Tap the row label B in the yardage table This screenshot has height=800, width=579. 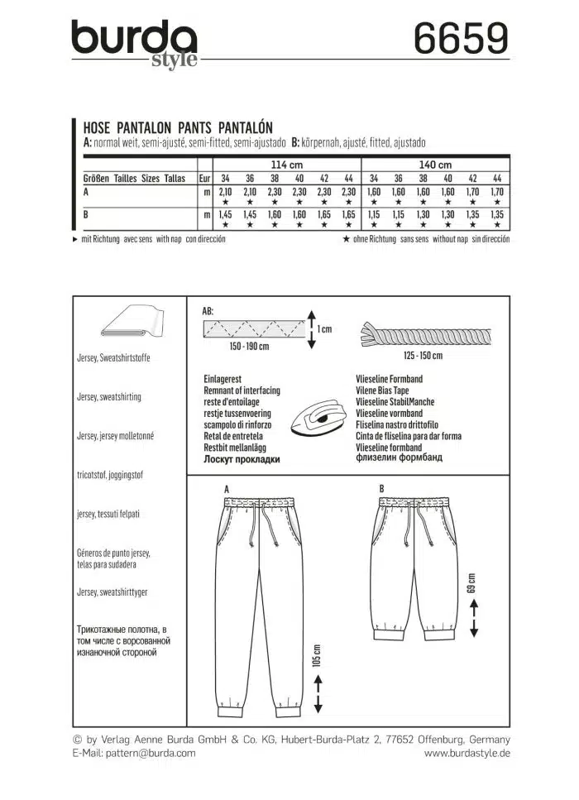point(85,215)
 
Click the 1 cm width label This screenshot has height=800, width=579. point(325,329)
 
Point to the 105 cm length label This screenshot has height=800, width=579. point(318,659)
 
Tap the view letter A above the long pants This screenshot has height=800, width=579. point(226,490)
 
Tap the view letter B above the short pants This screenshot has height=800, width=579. point(381,490)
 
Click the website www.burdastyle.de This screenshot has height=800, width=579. point(467,753)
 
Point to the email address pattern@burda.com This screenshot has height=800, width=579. point(149,753)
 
